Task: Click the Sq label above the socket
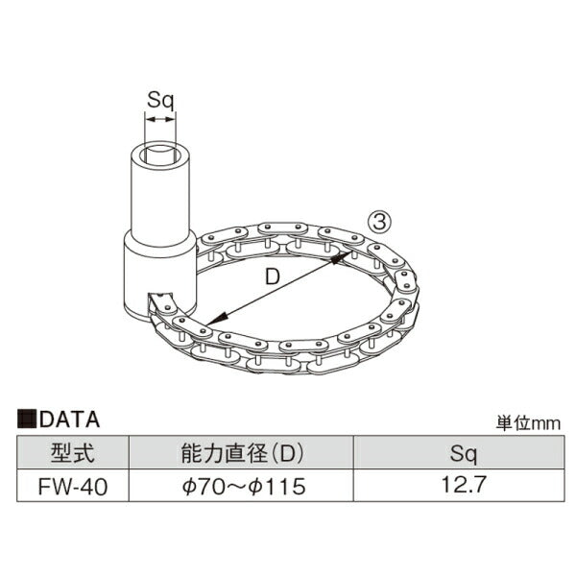pos(160,100)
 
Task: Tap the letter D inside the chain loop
pos(273,276)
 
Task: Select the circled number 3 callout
pos(380,223)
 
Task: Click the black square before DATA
pos(27,420)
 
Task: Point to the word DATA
pos(70,420)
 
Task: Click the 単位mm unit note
pos(528,423)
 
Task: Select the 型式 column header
pos(73,452)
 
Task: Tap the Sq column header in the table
pos(463,454)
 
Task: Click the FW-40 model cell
pos(73,487)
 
